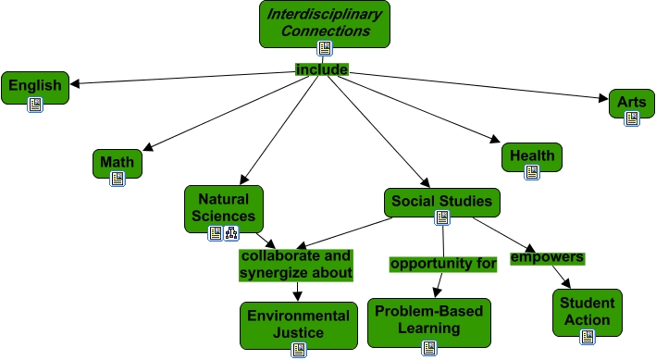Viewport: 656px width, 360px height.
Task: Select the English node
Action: (x=35, y=86)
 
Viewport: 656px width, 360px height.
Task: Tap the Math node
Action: (x=118, y=163)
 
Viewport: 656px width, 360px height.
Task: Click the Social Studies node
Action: (x=442, y=200)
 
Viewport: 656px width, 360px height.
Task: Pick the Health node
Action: (x=532, y=155)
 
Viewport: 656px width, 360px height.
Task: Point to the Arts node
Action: (x=632, y=101)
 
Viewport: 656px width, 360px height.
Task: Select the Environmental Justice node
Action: (x=298, y=323)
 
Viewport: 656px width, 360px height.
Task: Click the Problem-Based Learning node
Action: (x=428, y=319)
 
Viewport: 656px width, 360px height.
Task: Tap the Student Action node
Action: (x=587, y=311)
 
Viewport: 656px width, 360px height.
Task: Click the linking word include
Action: (x=322, y=69)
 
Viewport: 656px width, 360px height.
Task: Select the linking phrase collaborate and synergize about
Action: (x=296, y=264)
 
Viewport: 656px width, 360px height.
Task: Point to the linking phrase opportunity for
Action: (x=443, y=264)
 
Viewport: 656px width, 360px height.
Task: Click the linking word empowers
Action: (x=547, y=256)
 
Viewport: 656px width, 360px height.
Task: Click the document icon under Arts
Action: (x=632, y=118)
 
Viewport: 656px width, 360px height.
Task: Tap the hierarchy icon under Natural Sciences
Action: (x=230, y=233)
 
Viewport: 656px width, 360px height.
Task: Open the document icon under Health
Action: (x=532, y=172)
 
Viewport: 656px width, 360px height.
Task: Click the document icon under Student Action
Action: (x=587, y=337)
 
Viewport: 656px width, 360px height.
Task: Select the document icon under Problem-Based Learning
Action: (x=428, y=348)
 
